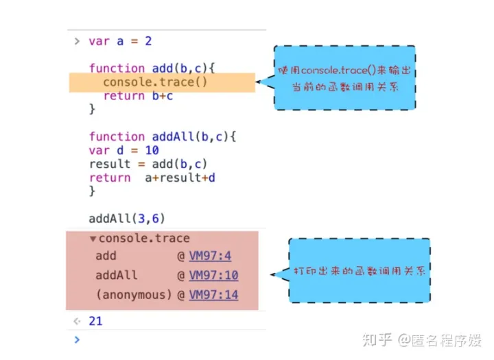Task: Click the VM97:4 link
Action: (x=210, y=256)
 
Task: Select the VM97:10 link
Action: (x=213, y=276)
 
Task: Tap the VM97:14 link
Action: (x=213, y=295)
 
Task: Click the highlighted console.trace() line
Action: (x=154, y=82)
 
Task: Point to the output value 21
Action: (x=95, y=321)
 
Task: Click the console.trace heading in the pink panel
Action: (x=143, y=239)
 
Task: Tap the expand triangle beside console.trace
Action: (x=93, y=239)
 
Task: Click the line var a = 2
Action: (x=120, y=41)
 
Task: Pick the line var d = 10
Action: (x=123, y=150)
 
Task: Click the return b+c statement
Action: (x=138, y=96)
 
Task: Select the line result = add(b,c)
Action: (x=148, y=164)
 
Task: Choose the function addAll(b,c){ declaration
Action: (x=162, y=136)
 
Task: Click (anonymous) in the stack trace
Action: (x=133, y=295)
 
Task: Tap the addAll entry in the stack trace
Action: (x=117, y=276)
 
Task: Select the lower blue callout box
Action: (x=359, y=271)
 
